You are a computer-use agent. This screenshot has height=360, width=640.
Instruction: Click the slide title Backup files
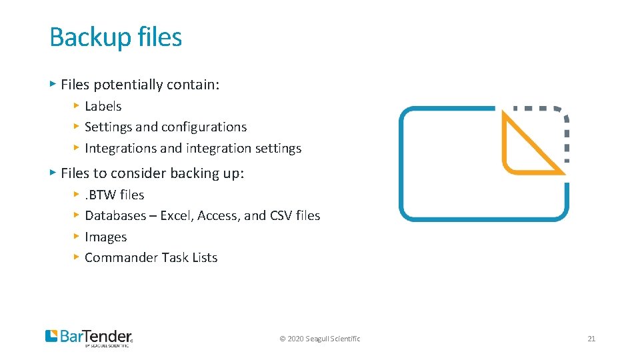pos(115,37)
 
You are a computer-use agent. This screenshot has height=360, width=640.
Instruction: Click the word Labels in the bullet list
pos(103,106)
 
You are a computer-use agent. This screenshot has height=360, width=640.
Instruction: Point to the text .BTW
pos(101,195)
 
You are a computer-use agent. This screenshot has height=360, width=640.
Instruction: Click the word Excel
pos(176,215)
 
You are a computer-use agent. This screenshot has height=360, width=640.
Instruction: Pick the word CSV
pos(281,215)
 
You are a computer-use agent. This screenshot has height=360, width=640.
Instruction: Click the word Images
pos(105,237)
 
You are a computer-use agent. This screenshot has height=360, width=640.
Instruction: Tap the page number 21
pos(591,339)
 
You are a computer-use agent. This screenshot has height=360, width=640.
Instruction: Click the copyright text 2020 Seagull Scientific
pos(320,339)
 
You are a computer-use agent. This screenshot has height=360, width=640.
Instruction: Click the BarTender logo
pos(89,337)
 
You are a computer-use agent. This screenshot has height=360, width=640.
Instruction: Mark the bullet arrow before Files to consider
pos(53,173)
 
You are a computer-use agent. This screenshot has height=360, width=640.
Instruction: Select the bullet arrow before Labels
pos(77,105)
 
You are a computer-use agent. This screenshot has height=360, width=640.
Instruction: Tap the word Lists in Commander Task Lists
pos(205,257)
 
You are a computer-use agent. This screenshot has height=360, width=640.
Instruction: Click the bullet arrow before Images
pos(77,236)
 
